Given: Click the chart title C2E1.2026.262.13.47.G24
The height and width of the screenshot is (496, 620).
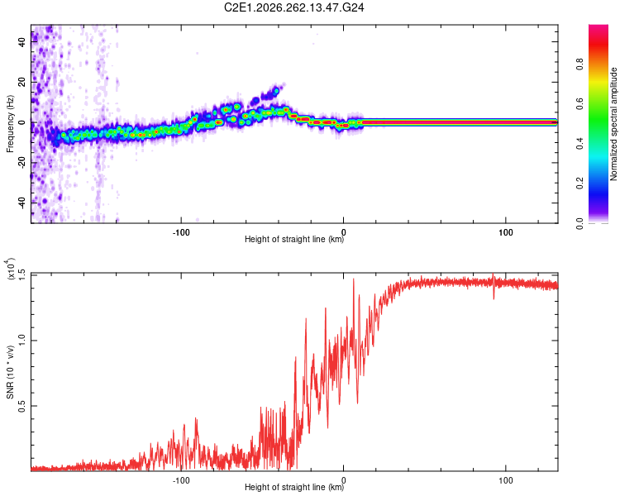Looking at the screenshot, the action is tap(293, 7).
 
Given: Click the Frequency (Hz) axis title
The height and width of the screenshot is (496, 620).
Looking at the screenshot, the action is tap(10, 124).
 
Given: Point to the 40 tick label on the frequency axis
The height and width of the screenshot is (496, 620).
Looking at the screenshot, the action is tap(22, 42).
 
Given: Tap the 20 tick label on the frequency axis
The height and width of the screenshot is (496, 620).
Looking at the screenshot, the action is tap(22, 83).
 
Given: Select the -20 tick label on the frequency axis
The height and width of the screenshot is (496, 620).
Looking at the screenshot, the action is tap(22, 162).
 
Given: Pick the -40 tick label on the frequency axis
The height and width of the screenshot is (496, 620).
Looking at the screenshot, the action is tap(22, 203).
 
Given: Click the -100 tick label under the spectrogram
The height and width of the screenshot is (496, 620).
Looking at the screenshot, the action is tap(181, 232).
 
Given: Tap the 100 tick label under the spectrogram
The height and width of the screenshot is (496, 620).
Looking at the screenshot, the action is tap(506, 232).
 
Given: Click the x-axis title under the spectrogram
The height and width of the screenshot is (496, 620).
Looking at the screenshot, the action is tap(294, 239).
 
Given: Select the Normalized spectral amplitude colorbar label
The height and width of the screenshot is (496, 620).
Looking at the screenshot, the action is tap(613, 124).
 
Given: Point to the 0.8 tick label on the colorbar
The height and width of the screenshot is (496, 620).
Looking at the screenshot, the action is tap(579, 64).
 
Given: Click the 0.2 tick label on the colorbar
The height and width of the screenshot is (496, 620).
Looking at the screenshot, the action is tap(579, 184).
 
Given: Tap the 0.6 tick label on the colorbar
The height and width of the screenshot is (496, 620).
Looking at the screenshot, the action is tap(579, 103).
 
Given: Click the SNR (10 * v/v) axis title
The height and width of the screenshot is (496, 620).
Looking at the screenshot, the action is tap(10, 372).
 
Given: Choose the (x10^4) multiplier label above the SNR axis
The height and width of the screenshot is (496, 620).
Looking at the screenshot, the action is tap(10, 269).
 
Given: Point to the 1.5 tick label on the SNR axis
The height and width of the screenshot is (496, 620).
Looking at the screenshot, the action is tap(22, 274).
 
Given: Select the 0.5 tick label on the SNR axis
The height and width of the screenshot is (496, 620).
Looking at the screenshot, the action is tap(22, 406).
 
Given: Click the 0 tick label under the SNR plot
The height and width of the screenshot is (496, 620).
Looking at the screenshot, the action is tap(344, 480).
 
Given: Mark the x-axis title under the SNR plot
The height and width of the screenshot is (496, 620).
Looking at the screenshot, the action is tap(294, 487).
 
